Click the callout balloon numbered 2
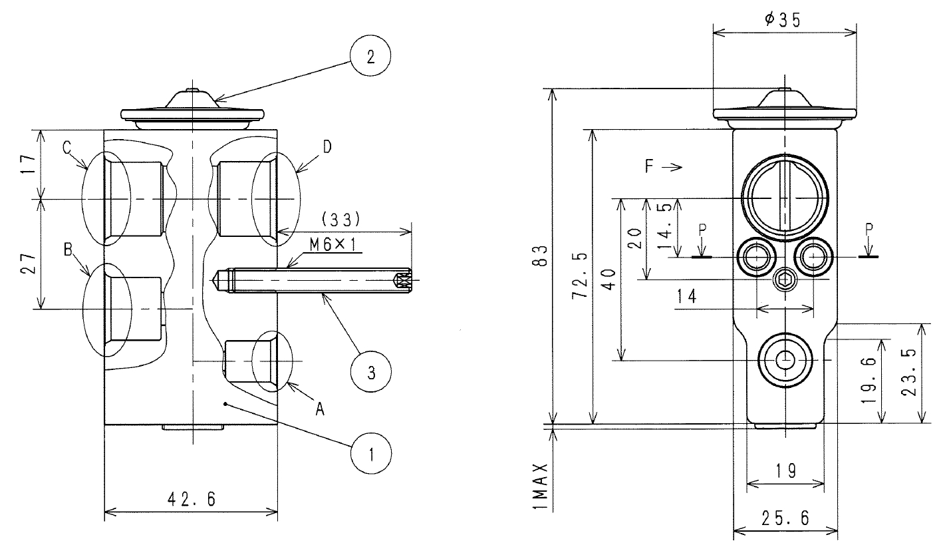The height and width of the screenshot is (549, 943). (x=370, y=56)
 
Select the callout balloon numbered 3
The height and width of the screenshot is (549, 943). (x=371, y=372)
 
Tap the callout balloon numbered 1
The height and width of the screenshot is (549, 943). (x=371, y=454)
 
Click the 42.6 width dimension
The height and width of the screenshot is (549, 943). (x=192, y=499)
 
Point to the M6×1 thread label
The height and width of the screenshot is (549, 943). (x=336, y=244)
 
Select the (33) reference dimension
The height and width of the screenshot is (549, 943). (x=340, y=219)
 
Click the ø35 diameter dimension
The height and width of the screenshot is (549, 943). (x=783, y=20)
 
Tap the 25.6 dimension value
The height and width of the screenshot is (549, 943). (x=785, y=518)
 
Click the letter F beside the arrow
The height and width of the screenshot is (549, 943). (x=650, y=166)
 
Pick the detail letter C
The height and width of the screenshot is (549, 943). (x=67, y=148)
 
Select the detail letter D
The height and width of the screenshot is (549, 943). (x=327, y=146)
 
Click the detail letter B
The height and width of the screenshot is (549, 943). (x=68, y=250)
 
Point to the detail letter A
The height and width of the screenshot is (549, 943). (x=320, y=409)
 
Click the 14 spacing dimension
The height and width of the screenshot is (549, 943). (x=686, y=297)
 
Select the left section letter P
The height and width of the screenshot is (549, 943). (x=703, y=230)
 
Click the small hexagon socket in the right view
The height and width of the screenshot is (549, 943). (x=785, y=279)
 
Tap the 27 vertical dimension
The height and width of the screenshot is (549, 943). (x=29, y=264)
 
